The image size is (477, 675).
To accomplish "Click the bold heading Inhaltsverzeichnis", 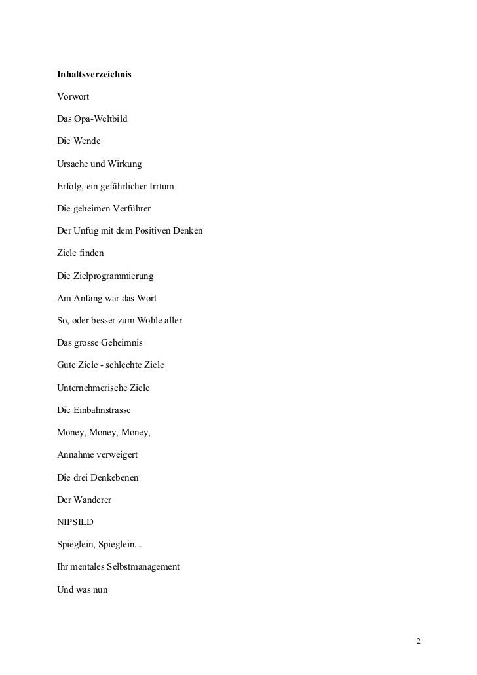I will tap(94, 75).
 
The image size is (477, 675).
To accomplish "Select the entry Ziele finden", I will tap(80, 253).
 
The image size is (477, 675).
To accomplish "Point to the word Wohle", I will tap(151, 320).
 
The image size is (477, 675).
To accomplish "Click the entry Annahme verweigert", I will tap(97, 454).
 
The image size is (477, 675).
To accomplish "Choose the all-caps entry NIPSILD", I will tap(75, 522).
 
